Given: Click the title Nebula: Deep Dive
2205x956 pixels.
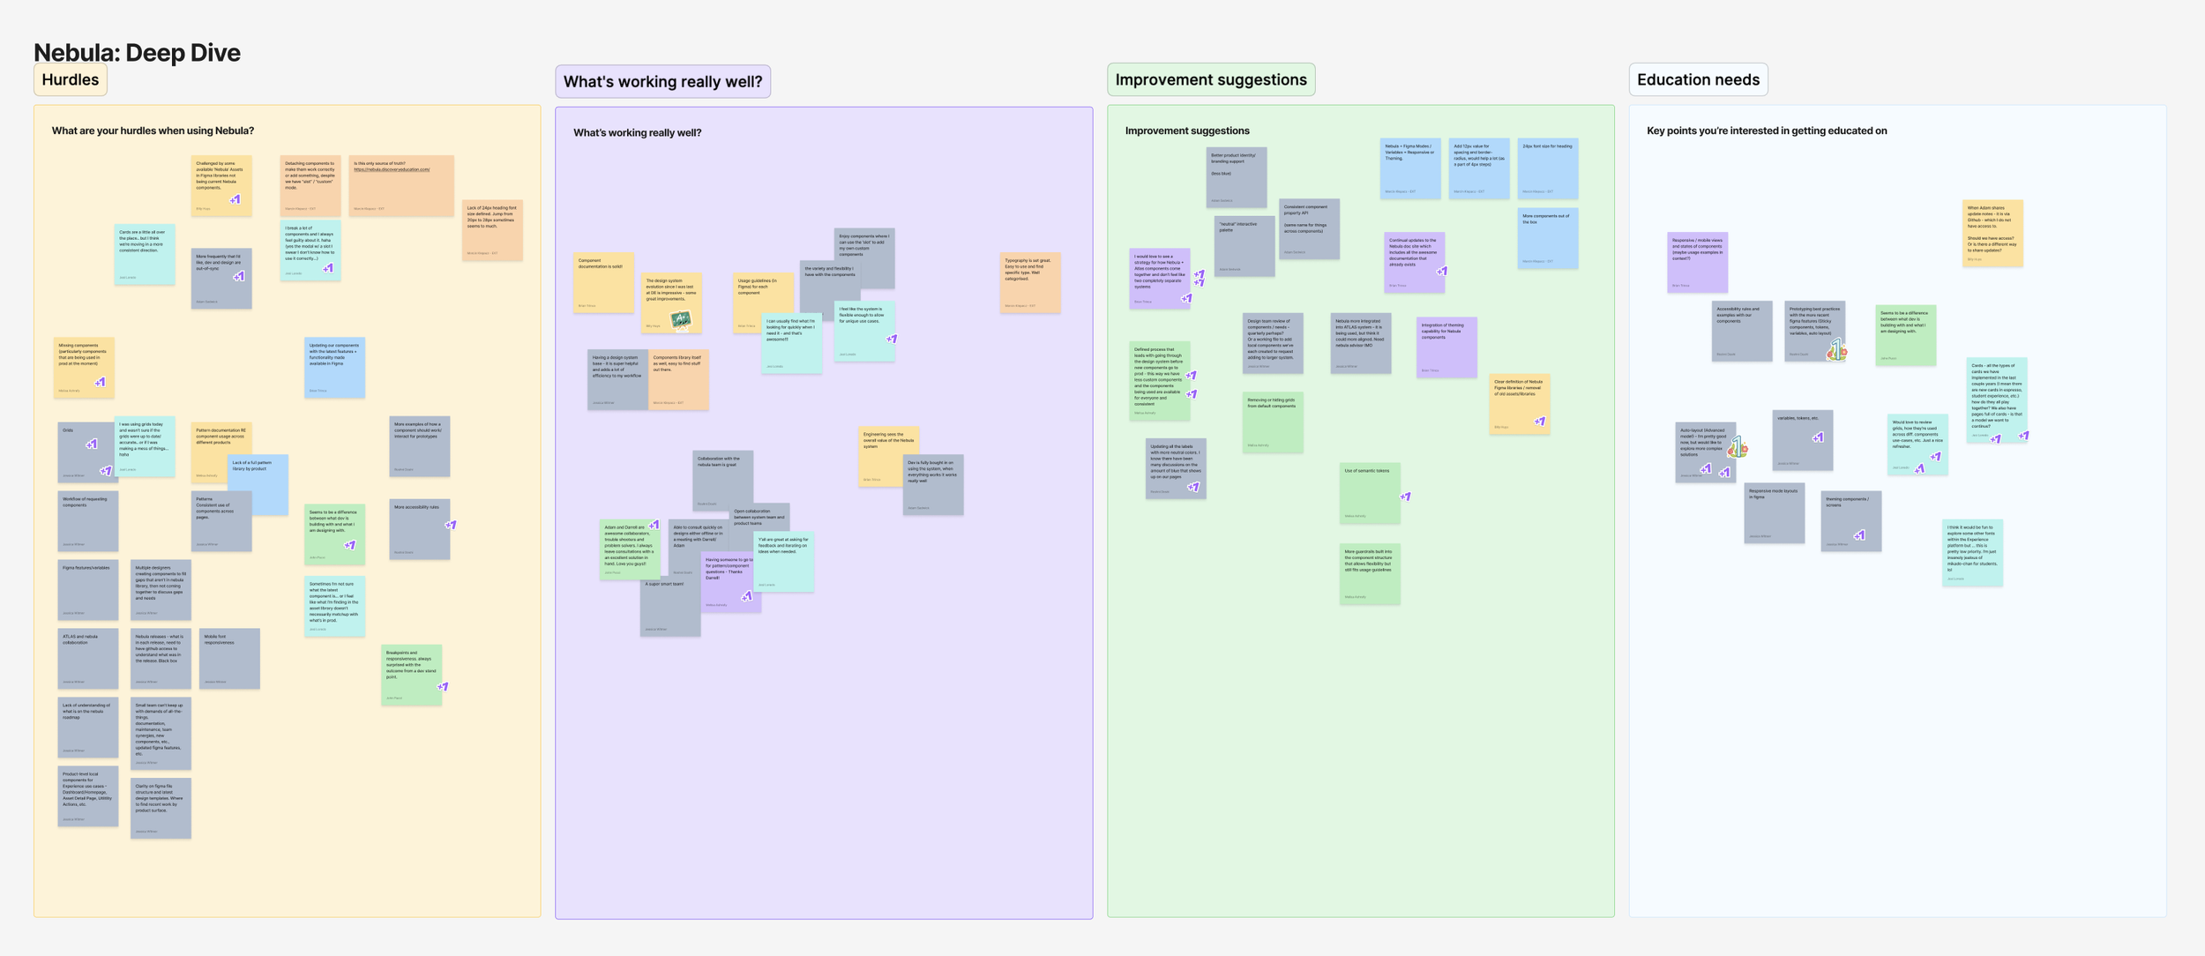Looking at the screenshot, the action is click(x=137, y=52).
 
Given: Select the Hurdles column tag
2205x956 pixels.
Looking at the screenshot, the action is click(x=71, y=79).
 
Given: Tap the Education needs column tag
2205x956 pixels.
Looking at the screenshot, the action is click(x=1698, y=79).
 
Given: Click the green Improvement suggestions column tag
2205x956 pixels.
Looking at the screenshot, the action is click(x=1211, y=79).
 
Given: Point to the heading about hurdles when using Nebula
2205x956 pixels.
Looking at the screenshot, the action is click(x=153, y=131).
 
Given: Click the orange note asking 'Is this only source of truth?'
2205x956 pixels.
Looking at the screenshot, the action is click(x=401, y=185).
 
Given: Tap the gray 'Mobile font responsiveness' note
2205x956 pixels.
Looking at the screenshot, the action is click(x=229, y=658).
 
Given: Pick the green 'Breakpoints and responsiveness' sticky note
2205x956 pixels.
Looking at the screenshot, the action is click(x=411, y=675).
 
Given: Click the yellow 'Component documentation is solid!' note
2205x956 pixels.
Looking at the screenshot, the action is click(x=603, y=283).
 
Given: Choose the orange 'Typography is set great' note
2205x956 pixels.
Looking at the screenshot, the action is click(x=1030, y=282).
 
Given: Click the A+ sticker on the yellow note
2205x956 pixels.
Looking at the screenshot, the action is click(x=681, y=318).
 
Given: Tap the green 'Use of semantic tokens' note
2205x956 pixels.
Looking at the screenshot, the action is click(x=1369, y=493).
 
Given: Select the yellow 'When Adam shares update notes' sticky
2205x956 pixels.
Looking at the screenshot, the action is click(x=1992, y=233).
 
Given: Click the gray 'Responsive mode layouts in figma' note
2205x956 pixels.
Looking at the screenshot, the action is click(x=1774, y=512).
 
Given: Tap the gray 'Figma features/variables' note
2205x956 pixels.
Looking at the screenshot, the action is click(x=87, y=589).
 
